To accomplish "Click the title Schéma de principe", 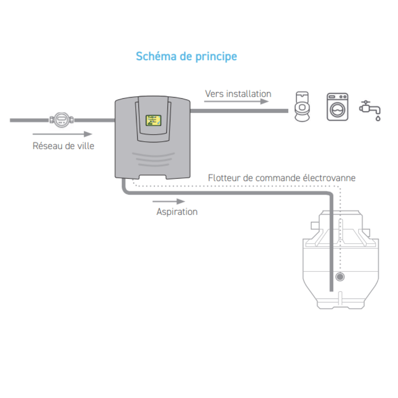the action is (x=186, y=57).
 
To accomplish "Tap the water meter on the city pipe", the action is (x=61, y=120).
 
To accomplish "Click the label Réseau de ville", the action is (x=63, y=146).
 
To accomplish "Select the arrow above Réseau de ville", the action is (x=62, y=134).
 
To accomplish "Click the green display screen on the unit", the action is (x=153, y=121).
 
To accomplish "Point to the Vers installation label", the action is (x=238, y=94).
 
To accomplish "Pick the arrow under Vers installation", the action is (x=236, y=101).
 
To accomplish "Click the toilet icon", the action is (x=302, y=107).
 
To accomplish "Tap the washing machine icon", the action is (x=338, y=107).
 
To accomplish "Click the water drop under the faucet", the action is (x=378, y=118).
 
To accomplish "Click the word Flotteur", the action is (x=224, y=178).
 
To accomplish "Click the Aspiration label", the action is (x=177, y=212).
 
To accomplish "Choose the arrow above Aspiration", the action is (x=169, y=201).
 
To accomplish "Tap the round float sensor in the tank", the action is (x=340, y=277).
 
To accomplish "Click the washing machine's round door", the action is (x=338, y=110).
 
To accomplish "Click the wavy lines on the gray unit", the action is (x=153, y=160).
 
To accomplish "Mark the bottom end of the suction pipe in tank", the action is (x=331, y=291).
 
